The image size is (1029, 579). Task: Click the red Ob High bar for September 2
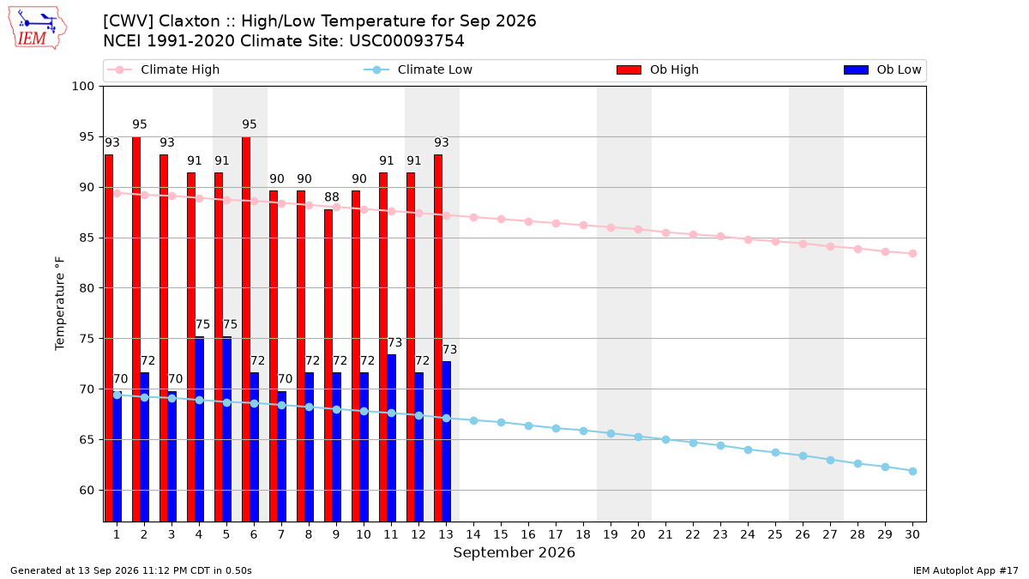(x=136, y=329)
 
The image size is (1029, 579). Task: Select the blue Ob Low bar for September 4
(x=199, y=429)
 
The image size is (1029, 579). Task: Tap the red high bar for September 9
(x=328, y=365)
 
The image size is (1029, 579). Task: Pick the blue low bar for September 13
(x=447, y=442)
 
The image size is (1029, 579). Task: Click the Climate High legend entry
(x=164, y=69)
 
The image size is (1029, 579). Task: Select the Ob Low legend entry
(x=882, y=69)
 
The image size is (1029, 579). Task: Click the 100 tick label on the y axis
(x=83, y=87)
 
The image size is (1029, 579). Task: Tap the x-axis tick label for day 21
(x=665, y=534)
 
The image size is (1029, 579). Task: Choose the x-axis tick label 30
(x=912, y=534)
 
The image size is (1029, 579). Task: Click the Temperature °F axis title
(x=60, y=304)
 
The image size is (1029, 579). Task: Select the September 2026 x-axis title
(x=514, y=552)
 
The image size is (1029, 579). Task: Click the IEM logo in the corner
(x=37, y=27)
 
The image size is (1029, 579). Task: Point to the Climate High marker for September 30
(x=912, y=254)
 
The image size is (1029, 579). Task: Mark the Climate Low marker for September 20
(x=638, y=437)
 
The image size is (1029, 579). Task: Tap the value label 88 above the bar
(x=332, y=197)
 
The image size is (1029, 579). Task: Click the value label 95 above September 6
(x=250, y=124)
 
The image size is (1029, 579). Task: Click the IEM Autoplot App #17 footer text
(x=966, y=570)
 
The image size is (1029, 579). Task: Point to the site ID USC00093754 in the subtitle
(x=406, y=41)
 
